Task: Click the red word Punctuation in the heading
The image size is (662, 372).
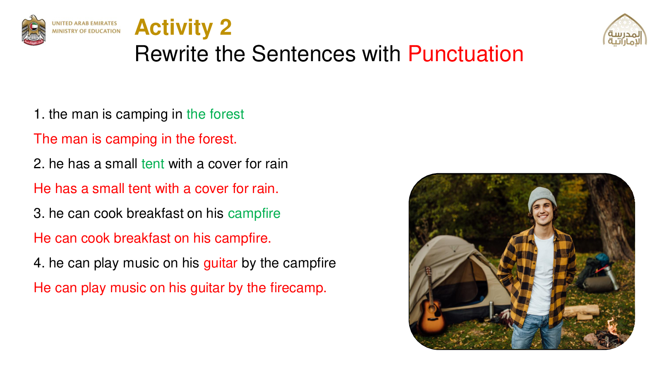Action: point(466,54)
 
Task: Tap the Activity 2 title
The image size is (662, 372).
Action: point(183,27)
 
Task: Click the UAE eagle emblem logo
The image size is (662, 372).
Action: point(34,30)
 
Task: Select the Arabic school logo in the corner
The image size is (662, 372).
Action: point(625,30)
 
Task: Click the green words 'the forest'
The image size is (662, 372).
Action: point(215,114)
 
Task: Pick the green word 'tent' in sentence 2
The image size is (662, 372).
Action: point(153,164)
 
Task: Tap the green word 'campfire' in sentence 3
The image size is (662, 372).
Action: point(254,213)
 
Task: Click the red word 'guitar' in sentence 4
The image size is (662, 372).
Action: point(221,263)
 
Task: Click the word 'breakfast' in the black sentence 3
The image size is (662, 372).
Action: point(155,213)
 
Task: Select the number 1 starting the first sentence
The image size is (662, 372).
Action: point(37,114)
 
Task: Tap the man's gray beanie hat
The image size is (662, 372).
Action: point(542,198)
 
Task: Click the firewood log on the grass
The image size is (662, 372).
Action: point(582,310)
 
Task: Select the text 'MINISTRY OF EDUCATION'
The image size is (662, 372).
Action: point(86,31)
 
